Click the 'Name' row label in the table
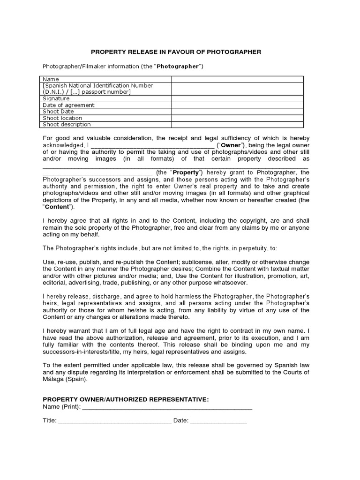click(51, 79)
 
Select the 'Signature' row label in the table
click(56, 98)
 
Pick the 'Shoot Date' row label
click(59, 112)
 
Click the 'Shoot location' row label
click(62, 118)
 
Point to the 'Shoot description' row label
click(67, 125)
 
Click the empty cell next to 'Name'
click(237, 79)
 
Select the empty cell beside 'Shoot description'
click(237, 125)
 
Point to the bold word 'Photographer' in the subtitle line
click(178, 66)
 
